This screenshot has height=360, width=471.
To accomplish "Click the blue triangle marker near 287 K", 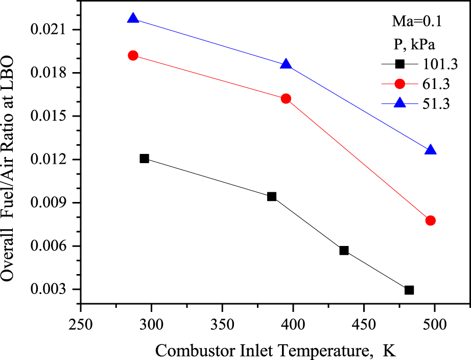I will click(x=133, y=19).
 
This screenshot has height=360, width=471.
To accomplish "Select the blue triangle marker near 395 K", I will click(x=286, y=65).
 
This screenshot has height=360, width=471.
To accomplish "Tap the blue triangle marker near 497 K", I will click(x=431, y=150).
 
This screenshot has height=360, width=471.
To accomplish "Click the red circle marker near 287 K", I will click(x=133, y=55).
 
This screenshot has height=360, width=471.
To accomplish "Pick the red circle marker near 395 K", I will click(x=286, y=99).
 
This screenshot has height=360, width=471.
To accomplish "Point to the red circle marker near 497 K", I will click(x=431, y=220).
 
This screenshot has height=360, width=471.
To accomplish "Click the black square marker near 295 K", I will click(x=144, y=159).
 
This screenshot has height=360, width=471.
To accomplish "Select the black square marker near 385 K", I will click(x=272, y=196).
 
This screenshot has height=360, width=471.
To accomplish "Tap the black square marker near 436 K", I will click(x=344, y=251).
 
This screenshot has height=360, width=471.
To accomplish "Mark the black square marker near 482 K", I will click(x=409, y=290).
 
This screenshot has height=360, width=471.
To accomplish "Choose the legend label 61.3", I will click(x=436, y=84).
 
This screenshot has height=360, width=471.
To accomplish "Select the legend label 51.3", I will click(x=436, y=103).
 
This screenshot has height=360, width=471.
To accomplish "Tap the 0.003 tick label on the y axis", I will click(x=51, y=290).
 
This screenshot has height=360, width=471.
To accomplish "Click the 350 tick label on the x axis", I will click(x=222, y=326).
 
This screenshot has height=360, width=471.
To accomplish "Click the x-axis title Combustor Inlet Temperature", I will click(x=276, y=351).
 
